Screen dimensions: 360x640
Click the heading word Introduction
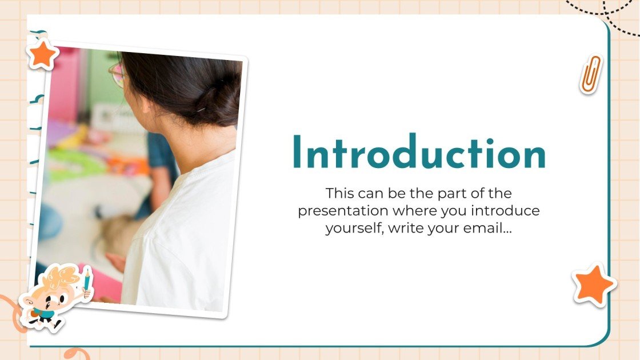click(x=419, y=153)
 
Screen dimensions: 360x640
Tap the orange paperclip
click(x=591, y=74)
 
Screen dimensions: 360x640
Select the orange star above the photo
click(x=43, y=55)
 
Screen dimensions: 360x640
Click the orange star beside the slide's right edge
click(x=594, y=284)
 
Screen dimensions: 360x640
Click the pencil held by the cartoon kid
click(x=86, y=281)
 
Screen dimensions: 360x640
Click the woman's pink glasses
click(x=118, y=75)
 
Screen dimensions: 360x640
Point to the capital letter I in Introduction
click(x=297, y=153)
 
